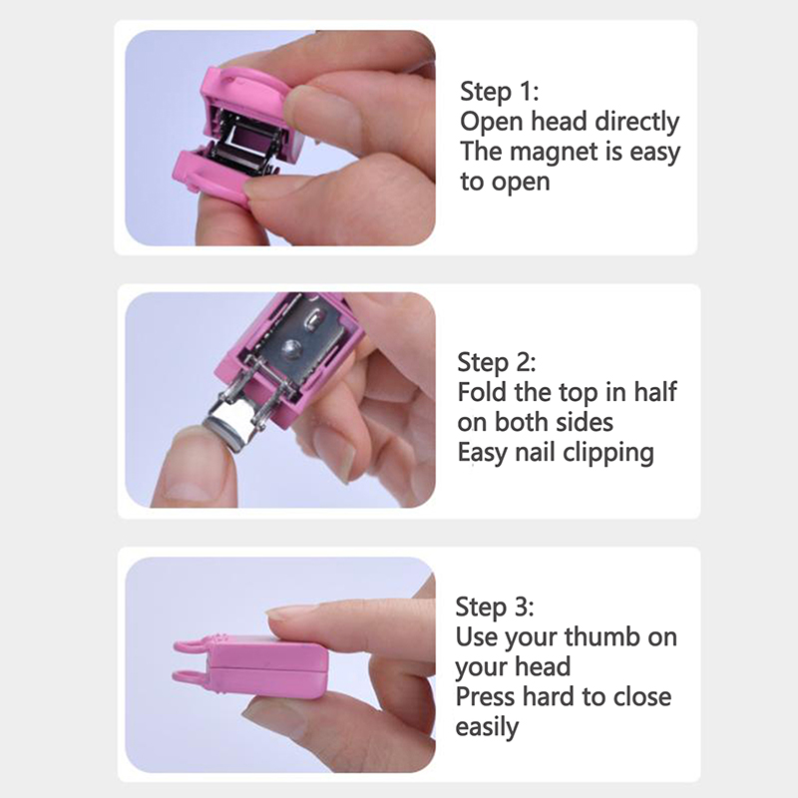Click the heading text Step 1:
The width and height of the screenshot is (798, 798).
tap(500, 92)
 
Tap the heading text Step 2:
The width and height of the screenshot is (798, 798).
tap(497, 362)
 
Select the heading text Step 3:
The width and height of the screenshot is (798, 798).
tap(495, 606)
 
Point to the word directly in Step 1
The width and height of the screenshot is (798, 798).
tap(636, 122)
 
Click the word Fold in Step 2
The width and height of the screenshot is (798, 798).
tap(483, 392)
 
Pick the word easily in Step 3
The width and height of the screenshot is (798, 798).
tap(487, 728)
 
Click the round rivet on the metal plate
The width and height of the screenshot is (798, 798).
tap(291, 350)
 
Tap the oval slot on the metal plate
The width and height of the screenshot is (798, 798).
tap(313, 319)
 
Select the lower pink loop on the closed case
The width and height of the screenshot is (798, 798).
tap(191, 676)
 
